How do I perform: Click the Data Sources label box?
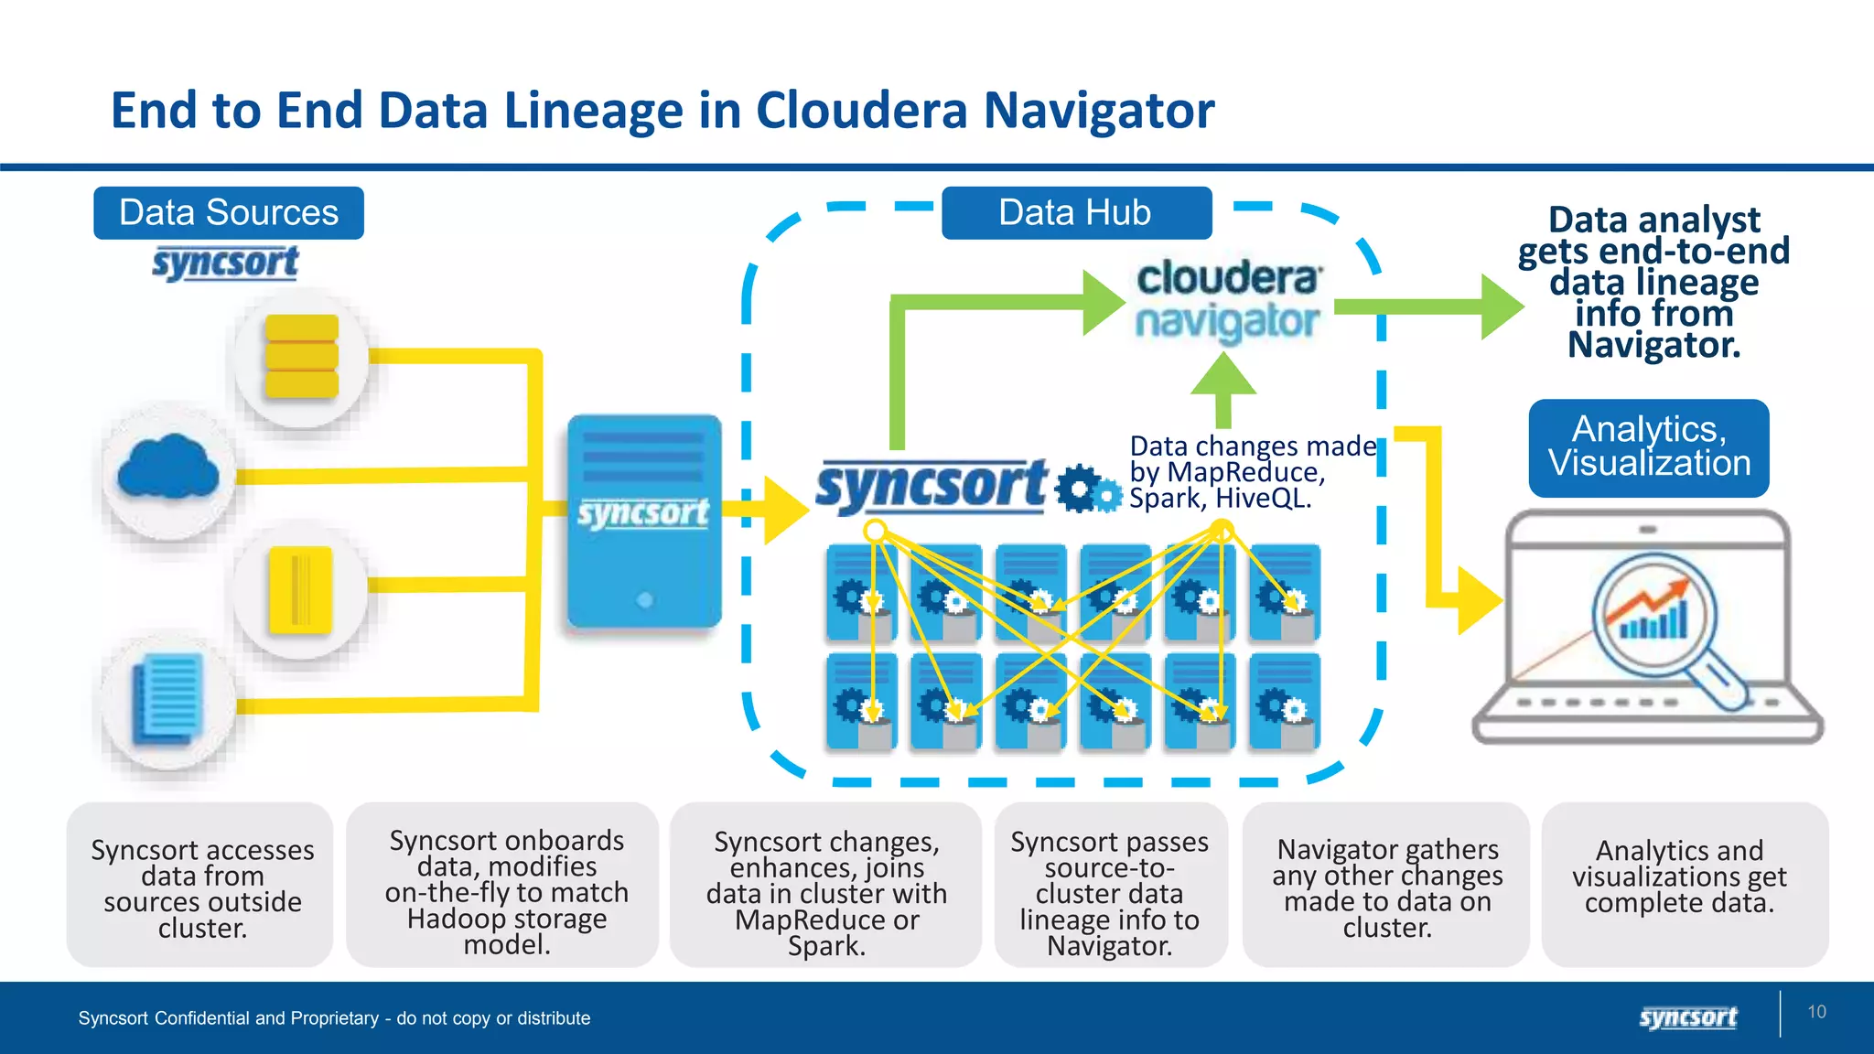coord(229,213)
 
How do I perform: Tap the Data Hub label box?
coord(1076,213)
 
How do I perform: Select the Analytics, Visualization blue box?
coord(1648,447)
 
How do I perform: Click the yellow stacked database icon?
coord(301,357)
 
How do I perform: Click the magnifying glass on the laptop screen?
coord(1656,618)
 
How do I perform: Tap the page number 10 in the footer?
coord(1816,1012)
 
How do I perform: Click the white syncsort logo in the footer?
coord(1687,1017)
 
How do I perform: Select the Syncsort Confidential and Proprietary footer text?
coord(334,1018)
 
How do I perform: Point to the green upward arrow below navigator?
coord(1223,384)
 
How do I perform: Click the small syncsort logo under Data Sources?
coord(225,263)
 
